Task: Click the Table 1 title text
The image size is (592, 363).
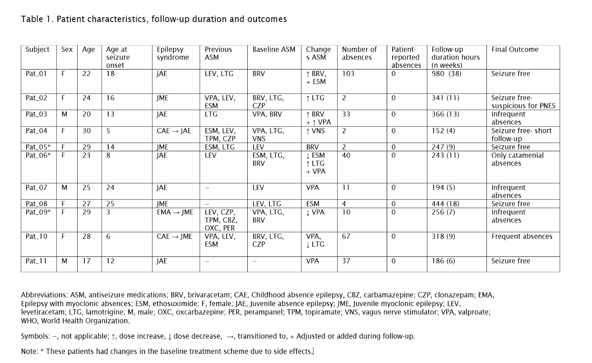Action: pos(153,19)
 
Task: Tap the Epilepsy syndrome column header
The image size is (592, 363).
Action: pos(170,53)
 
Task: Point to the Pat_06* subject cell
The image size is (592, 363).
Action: pos(38,155)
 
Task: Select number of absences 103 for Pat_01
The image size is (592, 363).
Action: pos(348,74)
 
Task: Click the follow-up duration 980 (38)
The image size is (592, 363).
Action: pos(446,74)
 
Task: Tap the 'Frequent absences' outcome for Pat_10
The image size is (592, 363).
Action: pos(522,237)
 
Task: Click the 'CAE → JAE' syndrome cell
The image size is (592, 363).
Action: pos(174,131)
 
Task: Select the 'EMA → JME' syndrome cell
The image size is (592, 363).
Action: pos(174,212)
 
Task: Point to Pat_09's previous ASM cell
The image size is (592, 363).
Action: pos(220,220)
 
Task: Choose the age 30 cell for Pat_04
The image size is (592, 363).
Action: pos(86,131)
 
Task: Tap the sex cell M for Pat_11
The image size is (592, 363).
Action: pos(65,261)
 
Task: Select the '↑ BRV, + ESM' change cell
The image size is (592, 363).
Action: pos(316,78)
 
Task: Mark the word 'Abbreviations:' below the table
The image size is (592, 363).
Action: pos(44,295)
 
